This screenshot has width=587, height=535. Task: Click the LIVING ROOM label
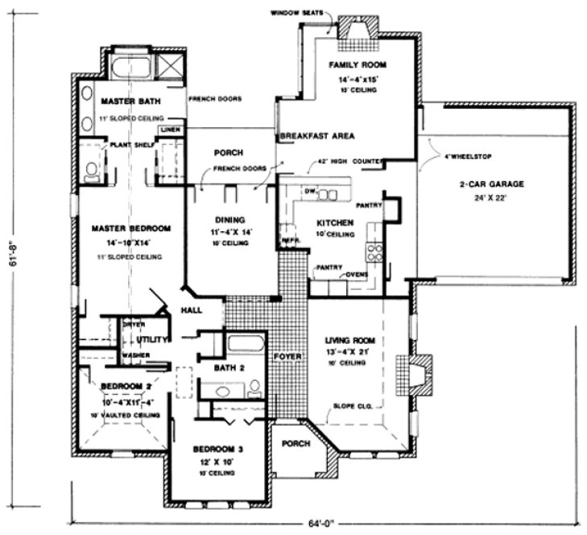click(348, 340)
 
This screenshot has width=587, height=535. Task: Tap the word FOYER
click(287, 355)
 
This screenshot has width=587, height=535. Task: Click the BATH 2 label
click(229, 367)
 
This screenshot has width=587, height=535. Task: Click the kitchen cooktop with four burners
click(375, 252)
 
